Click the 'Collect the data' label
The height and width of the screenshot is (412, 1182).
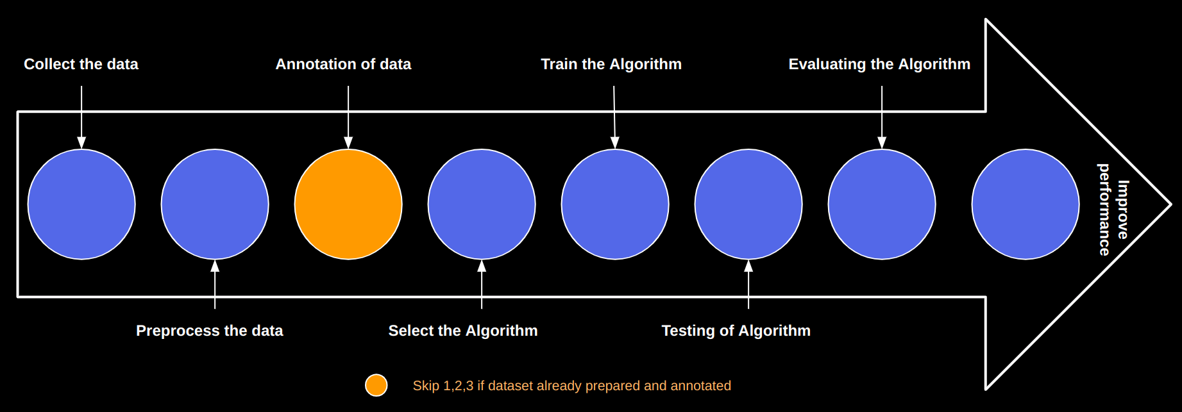(x=81, y=64)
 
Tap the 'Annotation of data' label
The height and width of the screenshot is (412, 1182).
(x=343, y=64)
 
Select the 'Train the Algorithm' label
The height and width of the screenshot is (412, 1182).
(x=611, y=64)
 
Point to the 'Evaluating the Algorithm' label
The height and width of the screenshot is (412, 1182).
(x=879, y=64)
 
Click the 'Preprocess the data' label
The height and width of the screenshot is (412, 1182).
(x=209, y=331)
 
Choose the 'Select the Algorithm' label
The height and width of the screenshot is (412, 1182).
(x=463, y=331)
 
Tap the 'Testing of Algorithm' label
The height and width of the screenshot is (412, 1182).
(x=736, y=331)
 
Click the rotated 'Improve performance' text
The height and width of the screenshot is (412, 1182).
(x=1113, y=210)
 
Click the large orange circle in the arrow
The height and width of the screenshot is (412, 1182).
(x=348, y=204)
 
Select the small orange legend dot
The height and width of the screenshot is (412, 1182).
(x=376, y=385)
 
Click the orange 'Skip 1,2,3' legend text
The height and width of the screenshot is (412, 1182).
(x=571, y=386)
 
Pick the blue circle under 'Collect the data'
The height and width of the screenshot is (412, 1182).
(x=81, y=204)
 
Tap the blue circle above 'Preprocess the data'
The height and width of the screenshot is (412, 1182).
(x=215, y=204)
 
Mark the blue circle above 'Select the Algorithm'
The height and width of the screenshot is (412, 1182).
(x=482, y=204)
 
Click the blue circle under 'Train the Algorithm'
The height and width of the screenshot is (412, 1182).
(x=615, y=204)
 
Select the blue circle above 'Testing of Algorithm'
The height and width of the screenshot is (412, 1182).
(x=748, y=204)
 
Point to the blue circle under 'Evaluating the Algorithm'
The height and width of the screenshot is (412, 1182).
(x=882, y=204)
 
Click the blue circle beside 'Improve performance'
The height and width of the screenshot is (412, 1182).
(x=1026, y=204)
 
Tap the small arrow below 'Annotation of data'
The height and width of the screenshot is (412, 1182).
(x=348, y=117)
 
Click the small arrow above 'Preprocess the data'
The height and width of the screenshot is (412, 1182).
(x=215, y=284)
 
